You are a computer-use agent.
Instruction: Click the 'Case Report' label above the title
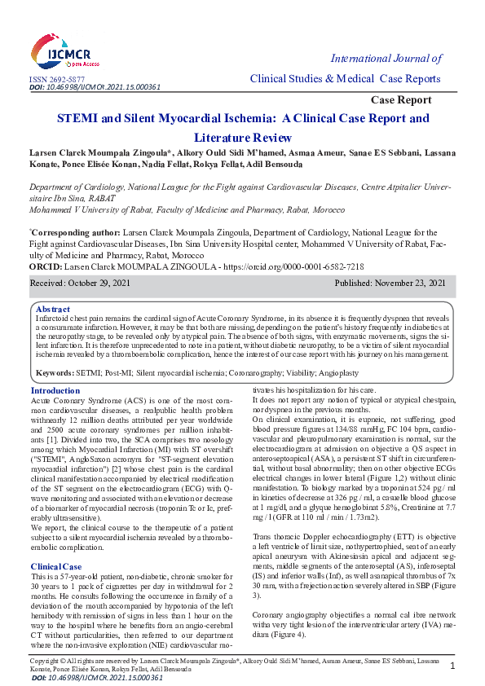click(x=401, y=99)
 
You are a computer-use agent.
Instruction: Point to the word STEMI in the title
click(x=78, y=118)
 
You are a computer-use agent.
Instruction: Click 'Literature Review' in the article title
click(x=242, y=138)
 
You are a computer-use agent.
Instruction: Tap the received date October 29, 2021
click(x=104, y=283)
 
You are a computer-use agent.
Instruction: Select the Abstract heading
click(x=53, y=310)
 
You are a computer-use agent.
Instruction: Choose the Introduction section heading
click(x=55, y=391)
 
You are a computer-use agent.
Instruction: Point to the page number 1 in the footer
click(x=452, y=666)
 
